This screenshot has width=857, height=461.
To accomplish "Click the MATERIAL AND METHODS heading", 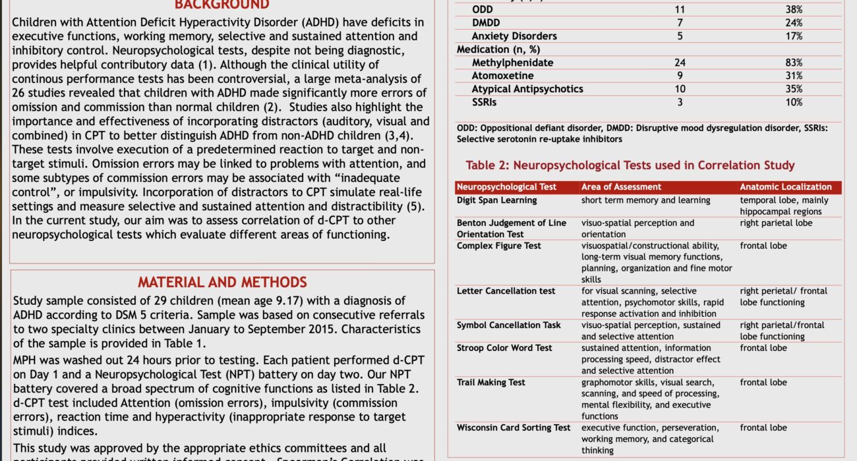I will pyautogui.click(x=222, y=283).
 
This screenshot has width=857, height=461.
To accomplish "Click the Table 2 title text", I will pyautogui.click(x=630, y=165).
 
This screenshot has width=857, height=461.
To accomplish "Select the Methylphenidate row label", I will pyautogui.click(x=512, y=63).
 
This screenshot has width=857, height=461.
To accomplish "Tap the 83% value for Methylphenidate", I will pyautogui.click(x=794, y=63).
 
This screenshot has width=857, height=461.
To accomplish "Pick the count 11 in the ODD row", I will pyautogui.click(x=680, y=10).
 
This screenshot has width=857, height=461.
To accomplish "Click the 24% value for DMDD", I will pyautogui.click(x=794, y=23).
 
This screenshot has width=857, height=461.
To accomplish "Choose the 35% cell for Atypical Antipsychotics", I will pyautogui.click(x=794, y=89).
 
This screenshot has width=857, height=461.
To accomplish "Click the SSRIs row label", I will pyautogui.click(x=485, y=102).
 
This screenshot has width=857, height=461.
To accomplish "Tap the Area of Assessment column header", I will pyautogui.click(x=621, y=187).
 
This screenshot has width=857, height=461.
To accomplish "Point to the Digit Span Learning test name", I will pyautogui.click(x=496, y=200).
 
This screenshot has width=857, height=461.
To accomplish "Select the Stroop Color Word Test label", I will pyautogui.click(x=504, y=348).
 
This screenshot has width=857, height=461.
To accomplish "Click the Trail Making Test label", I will pyautogui.click(x=491, y=382).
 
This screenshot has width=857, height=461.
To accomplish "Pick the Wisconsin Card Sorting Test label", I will pyautogui.click(x=514, y=427).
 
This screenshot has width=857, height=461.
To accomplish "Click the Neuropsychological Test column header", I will pyautogui.click(x=506, y=187).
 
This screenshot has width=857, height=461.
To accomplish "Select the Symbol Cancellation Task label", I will pyautogui.click(x=509, y=325).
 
